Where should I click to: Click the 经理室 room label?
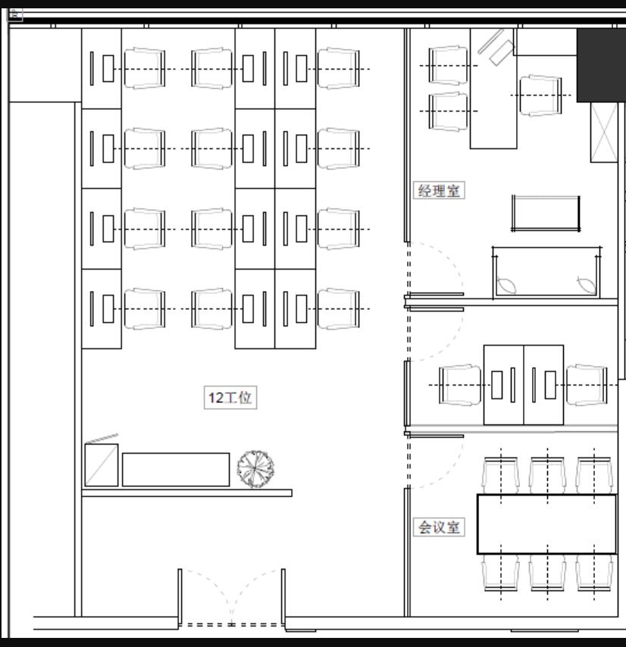[x=439, y=191]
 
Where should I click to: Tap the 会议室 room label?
[x=439, y=527]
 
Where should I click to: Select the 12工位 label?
[x=230, y=397]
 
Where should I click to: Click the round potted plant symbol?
[x=256, y=469]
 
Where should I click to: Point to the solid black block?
[x=601, y=65]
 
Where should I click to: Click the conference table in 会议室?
[x=546, y=524]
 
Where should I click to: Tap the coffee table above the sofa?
[x=546, y=214]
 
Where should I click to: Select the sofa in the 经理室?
[x=546, y=272]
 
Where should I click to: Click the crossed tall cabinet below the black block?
[x=604, y=133]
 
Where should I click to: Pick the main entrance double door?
[x=231, y=599]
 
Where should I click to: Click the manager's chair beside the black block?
[x=540, y=95]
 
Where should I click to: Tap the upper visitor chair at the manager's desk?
[x=448, y=66]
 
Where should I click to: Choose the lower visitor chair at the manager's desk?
[x=448, y=111]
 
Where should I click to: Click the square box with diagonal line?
[x=102, y=465]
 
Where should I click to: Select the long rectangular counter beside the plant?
[x=176, y=470]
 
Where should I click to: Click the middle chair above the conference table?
[x=548, y=475]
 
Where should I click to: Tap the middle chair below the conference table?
[x=548, y=572]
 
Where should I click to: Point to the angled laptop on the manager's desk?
[x=496, y=48]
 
